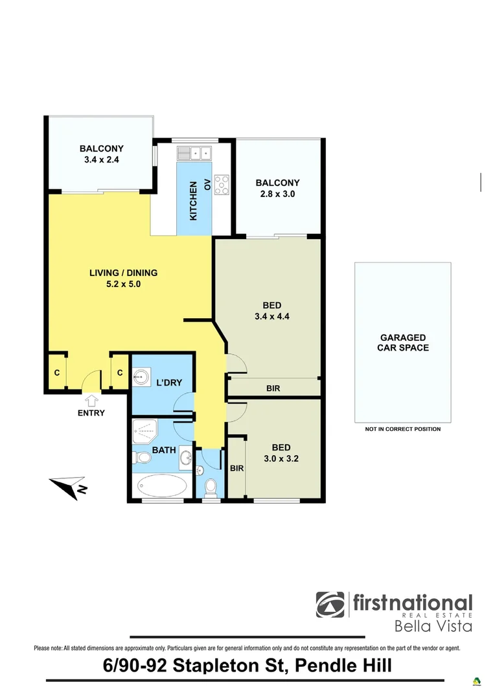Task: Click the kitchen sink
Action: point(194,153)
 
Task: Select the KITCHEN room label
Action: point(193,202)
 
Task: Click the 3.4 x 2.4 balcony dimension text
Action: point(102,159)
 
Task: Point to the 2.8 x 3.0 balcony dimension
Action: point(277,193)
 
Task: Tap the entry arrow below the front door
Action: point(91,400)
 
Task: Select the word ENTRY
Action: point(91,413)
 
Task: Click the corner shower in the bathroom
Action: point(144,429)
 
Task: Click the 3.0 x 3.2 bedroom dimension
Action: point(281,459)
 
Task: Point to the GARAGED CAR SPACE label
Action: point(402,342)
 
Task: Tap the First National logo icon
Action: point(330,605)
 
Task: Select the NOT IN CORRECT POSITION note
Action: point(402,429)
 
